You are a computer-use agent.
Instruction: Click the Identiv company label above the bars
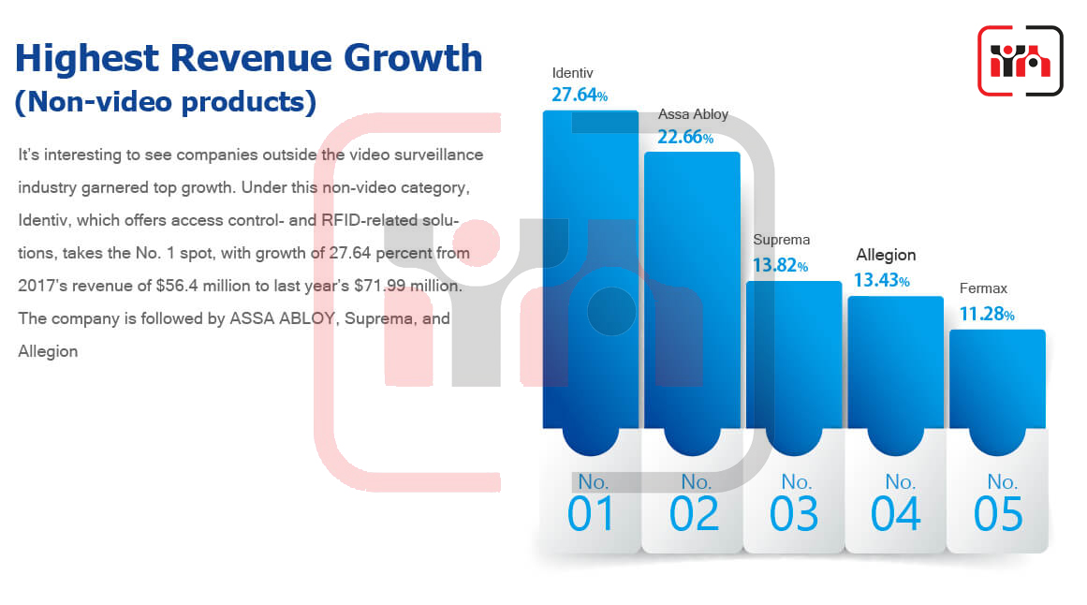click(573, 73)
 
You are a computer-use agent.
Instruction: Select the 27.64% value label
click(580, 95)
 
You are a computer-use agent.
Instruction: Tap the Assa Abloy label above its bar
click(693, 114)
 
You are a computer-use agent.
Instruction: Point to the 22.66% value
click(685, 137)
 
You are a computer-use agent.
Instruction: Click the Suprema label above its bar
click(781, 240)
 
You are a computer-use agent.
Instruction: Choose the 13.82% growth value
click(781, 265)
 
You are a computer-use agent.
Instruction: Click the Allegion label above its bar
click(886, 256)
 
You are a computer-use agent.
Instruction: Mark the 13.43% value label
click(882, 280)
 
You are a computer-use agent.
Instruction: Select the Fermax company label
click(983, 288)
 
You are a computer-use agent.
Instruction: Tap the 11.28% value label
click(987, 315)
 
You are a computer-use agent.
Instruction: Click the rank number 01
click(592, 514)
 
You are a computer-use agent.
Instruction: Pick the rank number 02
click(694, 514)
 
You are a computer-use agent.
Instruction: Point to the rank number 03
click(795, 514)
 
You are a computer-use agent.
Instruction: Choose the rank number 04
click(896, 514)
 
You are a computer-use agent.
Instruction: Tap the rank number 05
click(998, 514)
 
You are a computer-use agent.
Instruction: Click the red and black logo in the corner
click(1021, 61)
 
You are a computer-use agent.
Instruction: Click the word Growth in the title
click(413, 57)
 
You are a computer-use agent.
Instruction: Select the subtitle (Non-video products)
click(166, 102)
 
